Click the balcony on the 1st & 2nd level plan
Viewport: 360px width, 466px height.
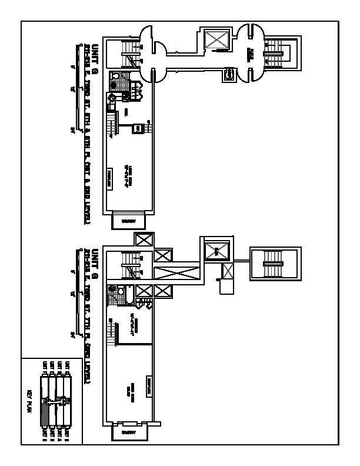tap(128, 221)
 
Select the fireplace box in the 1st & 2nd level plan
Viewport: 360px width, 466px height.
tap(110, 178)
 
